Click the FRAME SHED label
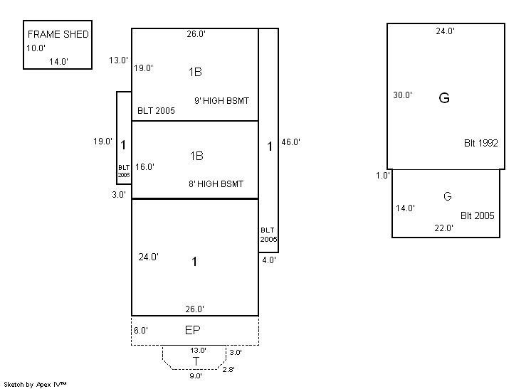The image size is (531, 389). coord(58,34)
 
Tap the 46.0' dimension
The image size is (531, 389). coord(291,142)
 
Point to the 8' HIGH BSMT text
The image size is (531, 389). coord(216,183)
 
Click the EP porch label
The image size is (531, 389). coord(192,331)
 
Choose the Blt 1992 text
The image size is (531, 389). coord(480,143)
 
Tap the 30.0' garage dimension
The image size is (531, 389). coord(402,95)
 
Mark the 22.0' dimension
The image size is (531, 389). coord(443,228)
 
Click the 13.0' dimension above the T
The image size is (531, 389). coord(198,351)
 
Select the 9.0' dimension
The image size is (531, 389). coord(195,375)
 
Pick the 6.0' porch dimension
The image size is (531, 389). coord(140,330)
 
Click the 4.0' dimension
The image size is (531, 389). coord(268,260)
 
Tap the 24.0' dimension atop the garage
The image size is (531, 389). coord(445,31)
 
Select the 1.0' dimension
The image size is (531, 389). coord(383,176)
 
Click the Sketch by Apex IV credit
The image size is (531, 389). coord(36,384)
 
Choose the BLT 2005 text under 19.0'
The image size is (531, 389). coord(156,111)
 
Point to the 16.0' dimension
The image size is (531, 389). coord(144,167)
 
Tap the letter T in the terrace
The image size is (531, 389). coord(196,361)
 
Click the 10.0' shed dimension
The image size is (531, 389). coord(36,48)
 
